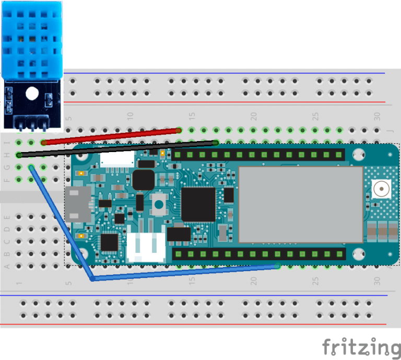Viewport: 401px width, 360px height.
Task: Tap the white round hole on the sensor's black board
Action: [x=32, y=94]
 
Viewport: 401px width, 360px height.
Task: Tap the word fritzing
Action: [x=361, y=347]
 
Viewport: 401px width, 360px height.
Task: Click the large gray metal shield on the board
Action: [x=300, y=205]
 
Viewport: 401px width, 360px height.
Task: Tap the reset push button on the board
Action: [x=159, y=204]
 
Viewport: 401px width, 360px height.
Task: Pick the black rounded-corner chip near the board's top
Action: [x=143, y=180]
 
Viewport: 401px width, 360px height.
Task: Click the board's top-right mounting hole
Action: [x=358, y=155]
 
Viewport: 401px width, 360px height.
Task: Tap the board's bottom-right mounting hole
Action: [x=358, y=254]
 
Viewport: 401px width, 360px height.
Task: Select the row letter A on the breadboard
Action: [x=7, y=266]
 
